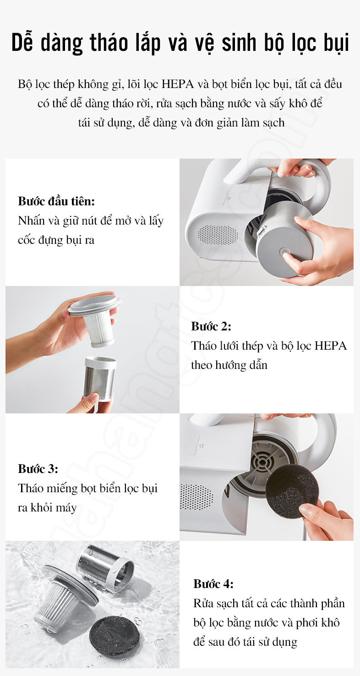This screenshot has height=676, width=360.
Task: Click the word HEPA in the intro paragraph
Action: point(178,84)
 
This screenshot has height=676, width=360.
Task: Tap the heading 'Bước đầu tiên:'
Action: point(56,201)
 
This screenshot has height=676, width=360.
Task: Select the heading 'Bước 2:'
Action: point(211,326)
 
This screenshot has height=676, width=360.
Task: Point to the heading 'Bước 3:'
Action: point(38,469)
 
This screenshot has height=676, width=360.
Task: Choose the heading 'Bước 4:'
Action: point(213,584)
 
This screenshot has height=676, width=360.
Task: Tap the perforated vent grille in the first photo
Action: point(218,235)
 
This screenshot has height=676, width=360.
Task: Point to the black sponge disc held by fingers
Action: point(292,492)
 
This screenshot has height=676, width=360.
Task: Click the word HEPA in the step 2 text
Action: point(330,346)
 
